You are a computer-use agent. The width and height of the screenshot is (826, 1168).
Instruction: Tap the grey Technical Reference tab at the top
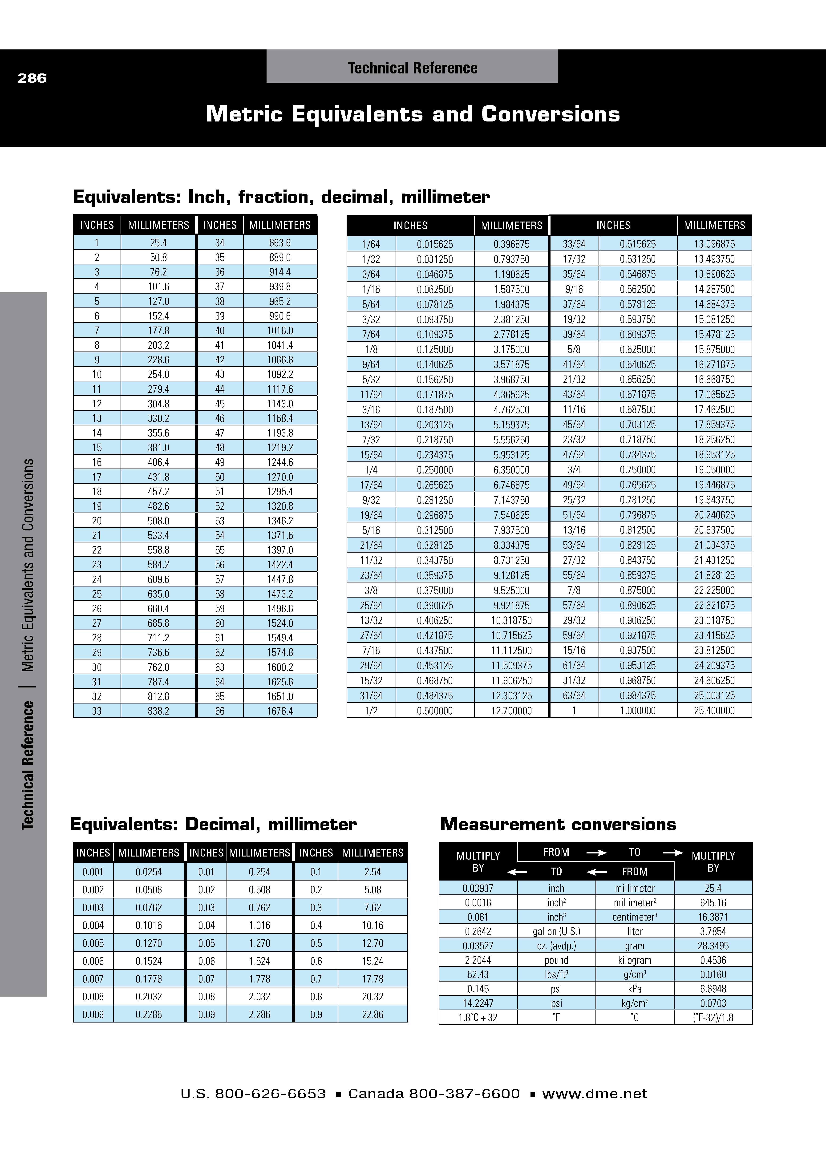tap(412, 68)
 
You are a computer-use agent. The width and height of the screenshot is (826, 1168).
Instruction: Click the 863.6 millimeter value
tap(280, 243)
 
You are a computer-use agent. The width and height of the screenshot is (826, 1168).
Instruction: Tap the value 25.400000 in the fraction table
tap(714, 711)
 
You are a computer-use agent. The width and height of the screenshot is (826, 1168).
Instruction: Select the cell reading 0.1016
tap(149, 925)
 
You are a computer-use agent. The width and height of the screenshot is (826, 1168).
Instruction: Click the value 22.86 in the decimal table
tap(372, 1014)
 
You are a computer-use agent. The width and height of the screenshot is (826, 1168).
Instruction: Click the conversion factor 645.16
tap(713, 902)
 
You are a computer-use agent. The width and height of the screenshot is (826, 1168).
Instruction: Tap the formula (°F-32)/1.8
tap(713, 1017)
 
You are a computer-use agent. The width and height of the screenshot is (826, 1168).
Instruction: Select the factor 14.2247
tap(478, 1003)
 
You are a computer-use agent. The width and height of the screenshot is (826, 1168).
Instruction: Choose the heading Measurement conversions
tap(558, 824)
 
